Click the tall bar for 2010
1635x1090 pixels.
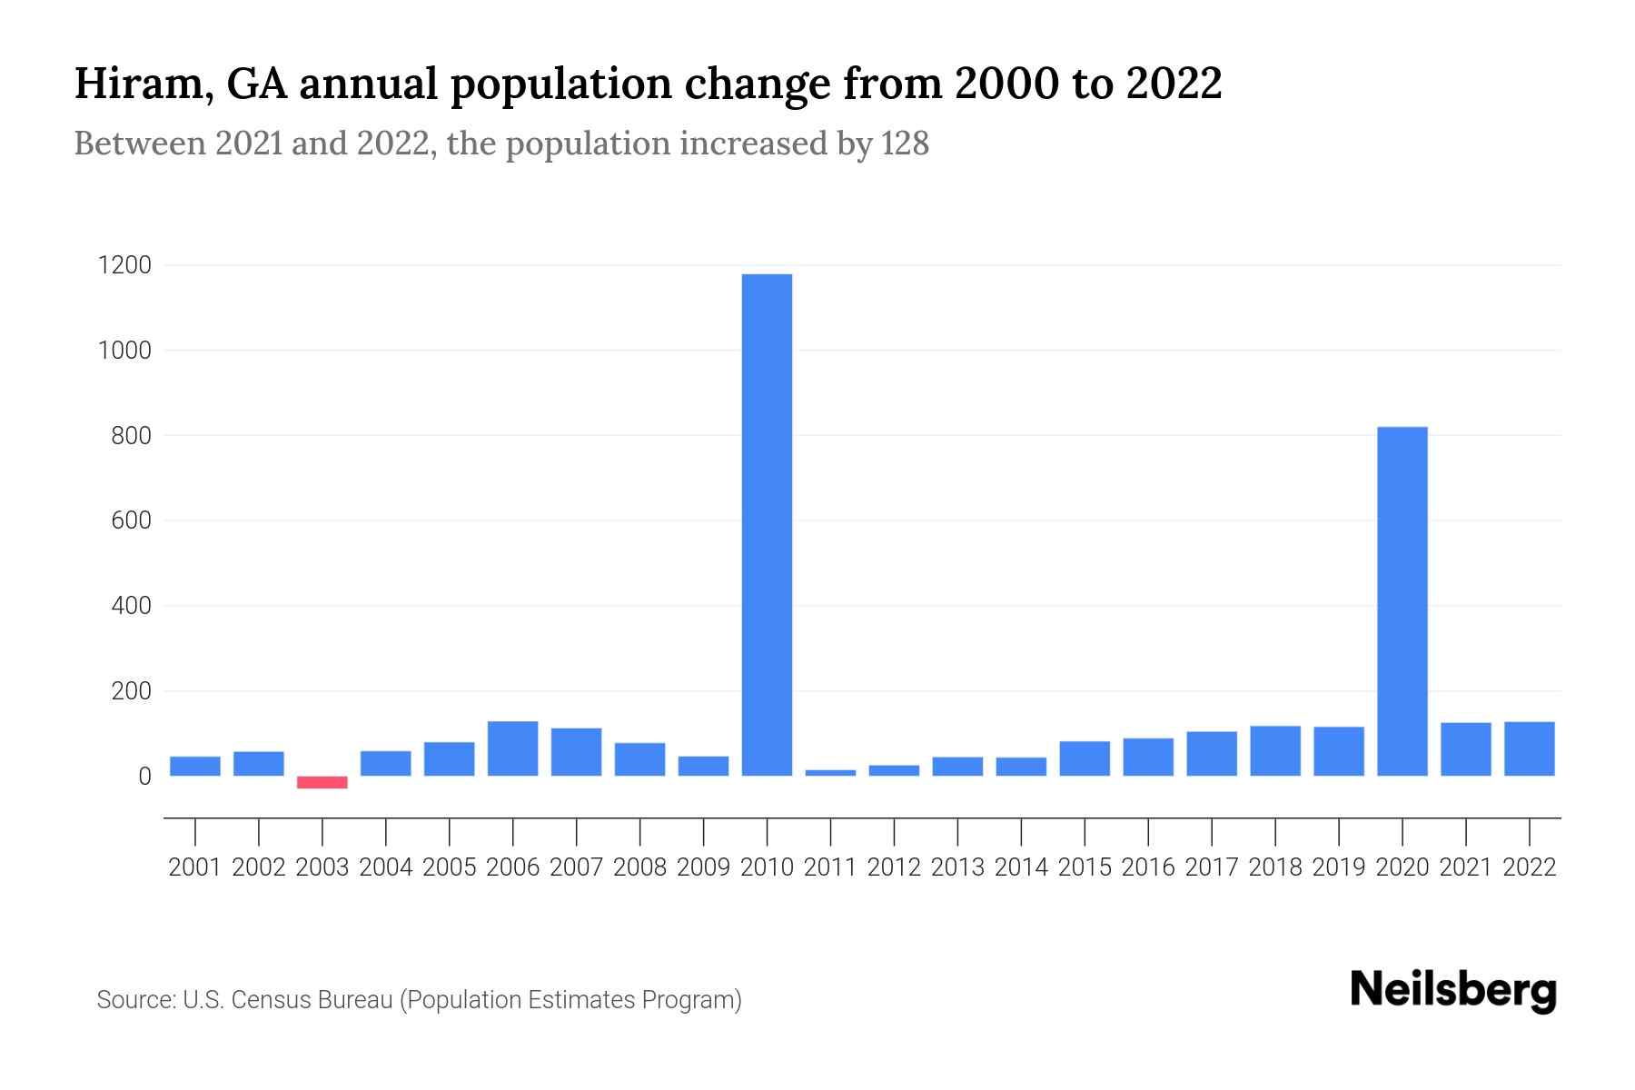tap(767, 524)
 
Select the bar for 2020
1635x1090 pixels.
tap(1402, 600)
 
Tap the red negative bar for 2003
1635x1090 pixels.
tap(322, 782)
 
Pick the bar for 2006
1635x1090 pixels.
tap(512, 748)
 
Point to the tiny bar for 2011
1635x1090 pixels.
tap(830, 772)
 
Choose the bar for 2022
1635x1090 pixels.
tap(1529, 748)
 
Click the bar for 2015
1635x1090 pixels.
tap(1085, 758)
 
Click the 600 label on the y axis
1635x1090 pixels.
tap(131, 520)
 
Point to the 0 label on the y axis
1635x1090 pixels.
tap(144, 777)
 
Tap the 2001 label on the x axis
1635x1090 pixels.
tap(195, 867)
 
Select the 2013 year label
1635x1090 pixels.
tap(957, 867)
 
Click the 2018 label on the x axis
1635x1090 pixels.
tap(1275, 867)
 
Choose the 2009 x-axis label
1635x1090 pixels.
tap(703, 867)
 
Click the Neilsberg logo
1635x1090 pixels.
tap(1452, 990)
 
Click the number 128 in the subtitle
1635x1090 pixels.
tap(905, 144)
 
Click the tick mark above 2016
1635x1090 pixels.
tap(1148, 830)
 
